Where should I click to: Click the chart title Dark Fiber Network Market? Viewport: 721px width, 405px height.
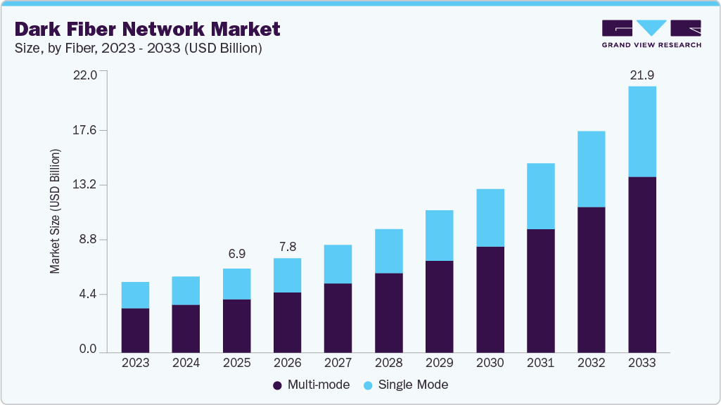pyautogui.click(x=147, y=29)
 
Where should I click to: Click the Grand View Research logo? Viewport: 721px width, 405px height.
pyautogui.click(x=651, y=33)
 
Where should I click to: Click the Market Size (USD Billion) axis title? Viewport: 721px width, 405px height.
pyautogui.click(x=55, y=212)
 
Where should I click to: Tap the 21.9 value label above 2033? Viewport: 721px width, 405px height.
pyautogui.click(x=642, y=75)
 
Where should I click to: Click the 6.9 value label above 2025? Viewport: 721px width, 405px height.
pyautogui.click(x=236, y=253)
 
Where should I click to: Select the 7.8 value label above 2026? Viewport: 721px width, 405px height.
pyautogui.click(x=287, y=246)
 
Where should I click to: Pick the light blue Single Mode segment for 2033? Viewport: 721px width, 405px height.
pyautogui.click(x=642, y=131)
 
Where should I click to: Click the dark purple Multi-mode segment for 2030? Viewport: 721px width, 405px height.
pyautogui.click(x=490, y=299)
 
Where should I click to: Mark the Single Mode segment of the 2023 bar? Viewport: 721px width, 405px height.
pyautogui.click(x=135, y=295)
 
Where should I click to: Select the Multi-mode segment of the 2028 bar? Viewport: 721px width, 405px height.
pyautogui.click(x=388, y=312)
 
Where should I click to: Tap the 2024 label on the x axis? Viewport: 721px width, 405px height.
pyautogui.click(x=186, y=364)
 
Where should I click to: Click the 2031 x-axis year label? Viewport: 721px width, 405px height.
pyautogui.click(x=540, y=364)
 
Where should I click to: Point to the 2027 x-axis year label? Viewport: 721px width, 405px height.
pyautogui.click(x=338, y=364)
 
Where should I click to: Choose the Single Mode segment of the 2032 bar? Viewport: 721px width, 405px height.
pyautogui.click(x=591, y=169)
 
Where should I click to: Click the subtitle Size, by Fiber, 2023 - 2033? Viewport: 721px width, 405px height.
pyautogui.click(x=139, y=49)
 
